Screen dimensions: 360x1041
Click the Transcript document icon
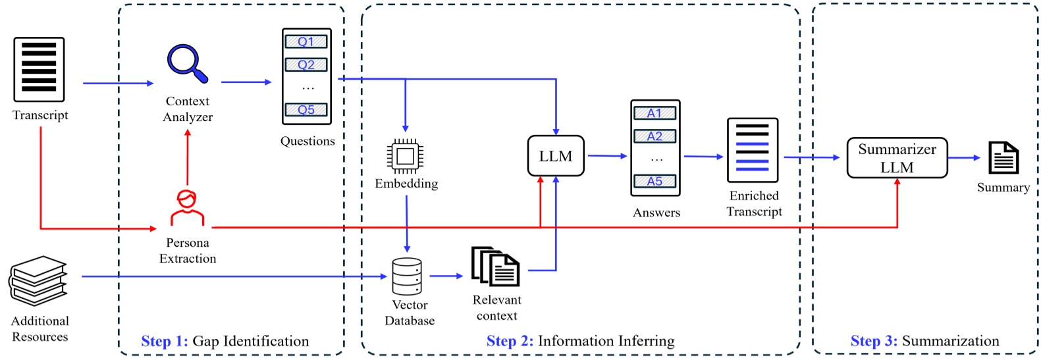click(x=40, y=69)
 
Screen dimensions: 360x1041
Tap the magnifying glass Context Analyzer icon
click(x=187, y=63)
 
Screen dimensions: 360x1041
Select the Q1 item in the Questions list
click(x=306, y=41)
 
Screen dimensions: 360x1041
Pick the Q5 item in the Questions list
click(x=306, y=110)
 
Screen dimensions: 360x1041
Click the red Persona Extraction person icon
click(x=187, y=208)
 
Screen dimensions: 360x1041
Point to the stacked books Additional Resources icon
click(x=38, y=281)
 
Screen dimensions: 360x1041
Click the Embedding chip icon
click(x=405, y=156)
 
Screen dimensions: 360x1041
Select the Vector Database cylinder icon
click(x=407, y=276)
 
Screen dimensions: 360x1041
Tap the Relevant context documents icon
click(x=496, y=267)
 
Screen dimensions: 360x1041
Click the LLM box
click(x=556, y=156)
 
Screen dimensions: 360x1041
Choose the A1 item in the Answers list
click(x=654, y=113)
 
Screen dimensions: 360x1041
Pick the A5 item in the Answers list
click(x=654, y=181)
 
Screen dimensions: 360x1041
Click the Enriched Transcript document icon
click(x=753, y=150)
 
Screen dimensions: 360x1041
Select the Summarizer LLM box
click(x=897, y=158)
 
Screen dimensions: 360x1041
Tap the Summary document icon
click(x=1003, y=158)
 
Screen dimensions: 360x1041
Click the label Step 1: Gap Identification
click(x=225, y=341)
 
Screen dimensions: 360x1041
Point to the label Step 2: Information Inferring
click(x=580, y=341)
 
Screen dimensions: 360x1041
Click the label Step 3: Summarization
click(x=924, y=341)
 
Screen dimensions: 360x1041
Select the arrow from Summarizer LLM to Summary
click(x=964, y=158)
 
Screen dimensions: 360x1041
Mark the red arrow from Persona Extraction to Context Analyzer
click(x=188, y=158)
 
